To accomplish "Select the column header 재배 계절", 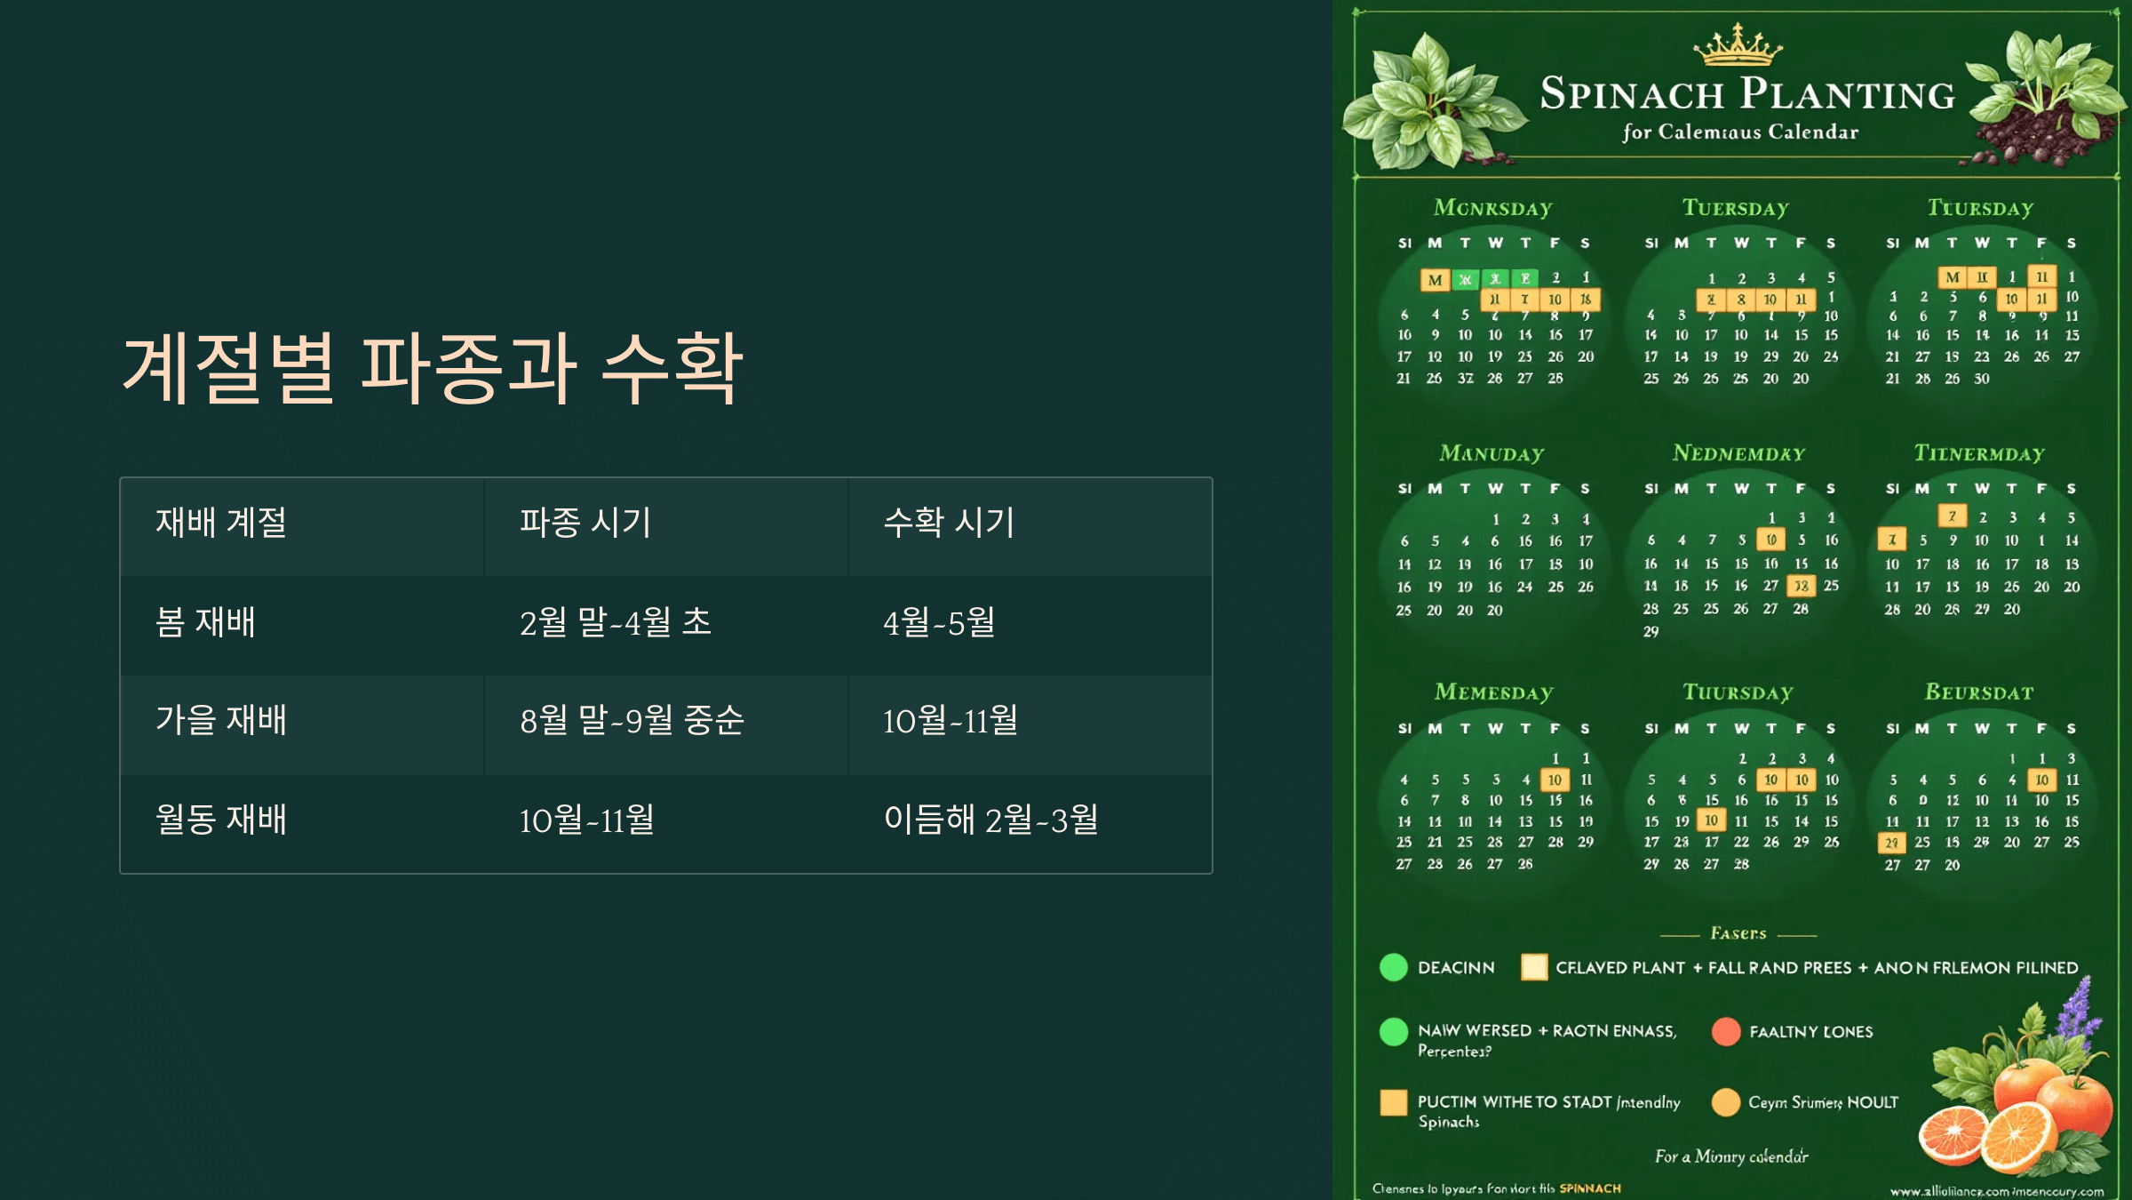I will pos(221,523).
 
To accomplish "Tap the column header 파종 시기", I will pos(585,523).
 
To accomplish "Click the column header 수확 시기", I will pos(949,523).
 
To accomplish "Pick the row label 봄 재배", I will pos(205,622).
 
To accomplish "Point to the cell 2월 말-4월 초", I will pos(616,622).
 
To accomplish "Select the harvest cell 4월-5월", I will pos(939,622).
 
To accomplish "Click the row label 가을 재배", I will pos(221,720).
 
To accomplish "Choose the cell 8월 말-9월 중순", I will pos(632,720).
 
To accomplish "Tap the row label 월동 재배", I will pos(221,820).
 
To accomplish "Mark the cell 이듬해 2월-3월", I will pos(990,820).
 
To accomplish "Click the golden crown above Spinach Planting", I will pos(1738,45).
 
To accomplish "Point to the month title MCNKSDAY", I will pos(1492,208).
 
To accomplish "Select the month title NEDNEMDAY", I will pos(1738,453).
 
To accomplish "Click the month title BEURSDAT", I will pos(1979,692).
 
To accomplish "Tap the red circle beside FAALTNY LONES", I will pos(1725,1032).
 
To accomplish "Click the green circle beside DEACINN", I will pos(1393,967).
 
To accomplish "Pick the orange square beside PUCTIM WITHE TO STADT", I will pos(1393,1102).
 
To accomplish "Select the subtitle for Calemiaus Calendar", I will pos(1739,132).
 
